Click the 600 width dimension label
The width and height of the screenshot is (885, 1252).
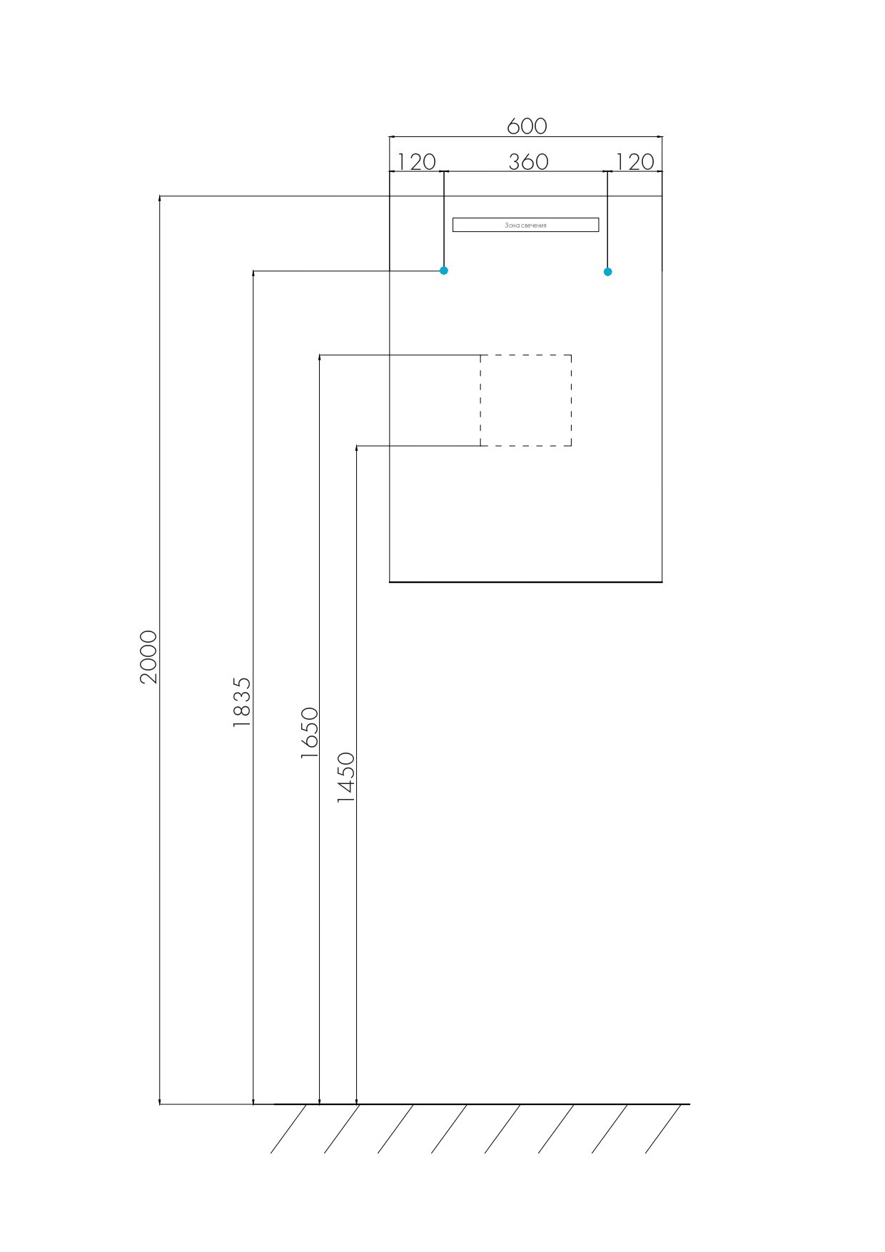coord(527,126)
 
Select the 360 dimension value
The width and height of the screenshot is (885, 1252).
coord(528,162)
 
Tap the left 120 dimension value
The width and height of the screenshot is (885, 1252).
coord(415,162)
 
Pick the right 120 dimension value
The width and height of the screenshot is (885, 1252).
coord(634,162)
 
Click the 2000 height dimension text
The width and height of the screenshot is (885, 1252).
coord(148,656)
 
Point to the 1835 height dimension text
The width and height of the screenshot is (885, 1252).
coord(243,702)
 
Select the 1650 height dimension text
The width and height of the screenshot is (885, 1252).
coord(309,732)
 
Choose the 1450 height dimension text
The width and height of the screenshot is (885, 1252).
coord(346,777)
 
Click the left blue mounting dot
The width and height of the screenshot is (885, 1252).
coord(444,270)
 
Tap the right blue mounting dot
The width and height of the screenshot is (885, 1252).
coord(607,271)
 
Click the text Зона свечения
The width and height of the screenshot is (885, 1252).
coord(525,225)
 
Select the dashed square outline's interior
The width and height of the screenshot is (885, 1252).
coord(525,400)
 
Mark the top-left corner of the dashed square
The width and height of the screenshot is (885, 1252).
coord(480,355)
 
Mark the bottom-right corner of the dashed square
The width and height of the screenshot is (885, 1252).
coord(571,446)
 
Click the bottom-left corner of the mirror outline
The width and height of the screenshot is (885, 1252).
coord(390,582)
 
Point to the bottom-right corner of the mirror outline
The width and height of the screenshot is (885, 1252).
coord(662,582)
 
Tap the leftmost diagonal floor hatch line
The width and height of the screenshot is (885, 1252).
coord(288,1129)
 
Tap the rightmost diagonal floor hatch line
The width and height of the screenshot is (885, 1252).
coord(663,1129)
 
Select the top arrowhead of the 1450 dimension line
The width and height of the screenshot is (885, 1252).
coord(356,450)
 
